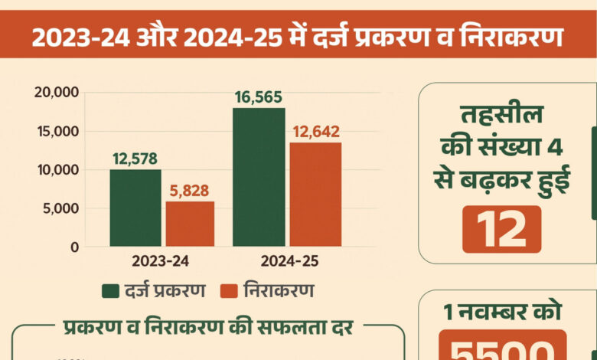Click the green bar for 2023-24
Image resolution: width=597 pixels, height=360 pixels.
pyautogui.click(x=135, y=208)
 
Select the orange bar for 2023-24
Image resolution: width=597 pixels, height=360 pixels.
pyautogui.click(x=190, y=224)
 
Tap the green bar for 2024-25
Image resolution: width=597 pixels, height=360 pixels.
pyautogui.click(x=259, y=178)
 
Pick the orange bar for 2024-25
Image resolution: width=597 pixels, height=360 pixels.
pyautogui.click(x=315, y=195)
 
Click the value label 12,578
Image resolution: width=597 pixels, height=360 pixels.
pyautogui.click(x=135, y=159)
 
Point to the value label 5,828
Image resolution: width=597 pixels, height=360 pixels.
pyautogui.click(x=189, y=191)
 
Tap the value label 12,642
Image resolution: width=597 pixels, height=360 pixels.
pyautogui.click(x=315, y=131)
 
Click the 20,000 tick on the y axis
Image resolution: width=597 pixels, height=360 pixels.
pyautogui.click(x=57, y=93)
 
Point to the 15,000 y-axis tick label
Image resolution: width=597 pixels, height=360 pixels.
pyautogui.click(x=57, y=131)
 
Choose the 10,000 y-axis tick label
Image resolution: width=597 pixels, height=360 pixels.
pyautogui.click(x=57, y=170)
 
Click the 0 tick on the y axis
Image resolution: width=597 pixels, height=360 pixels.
pyautogui.click(x=74, y=247)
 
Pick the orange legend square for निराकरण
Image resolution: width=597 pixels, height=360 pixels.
pyautogui.click(x=227, y=291)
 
